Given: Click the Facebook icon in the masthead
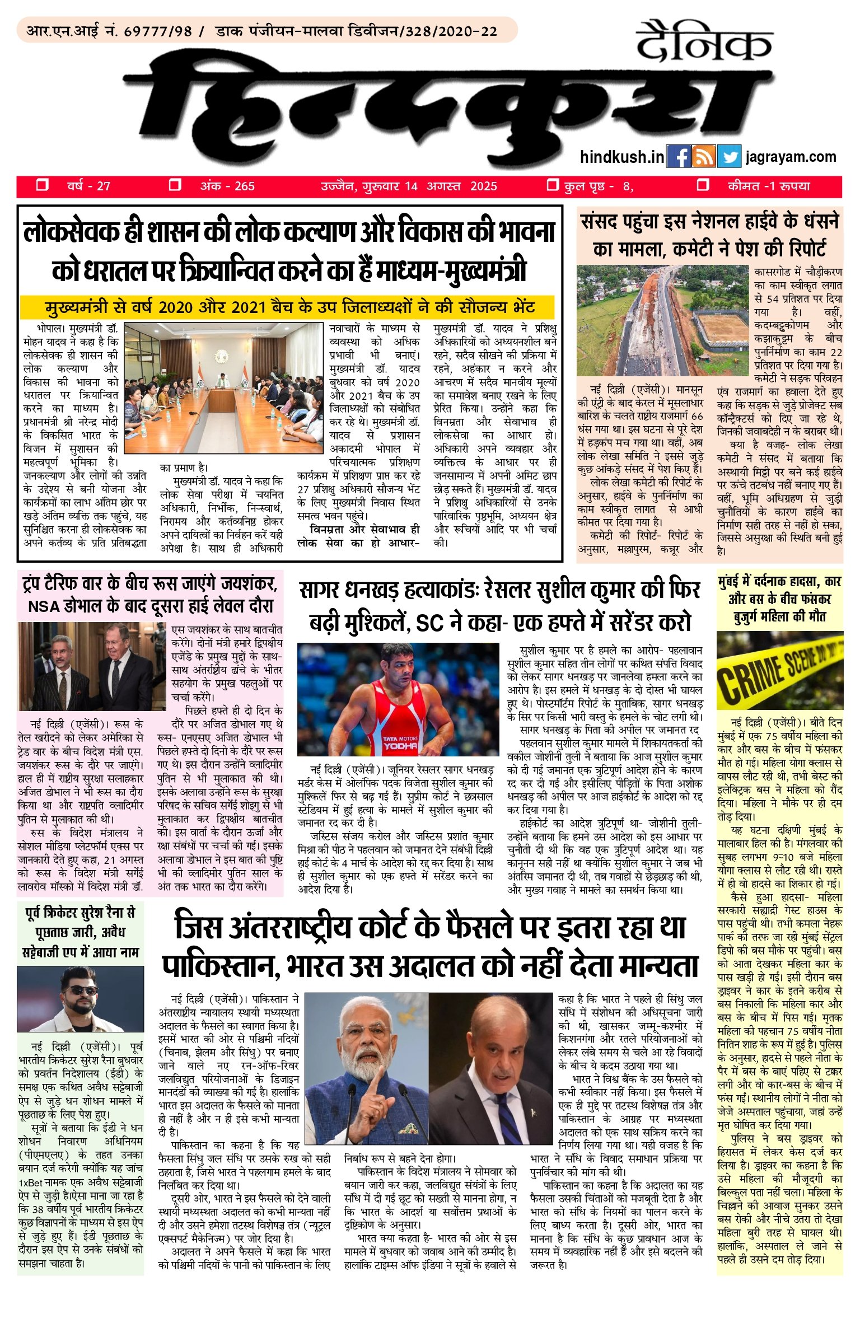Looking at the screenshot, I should [x=679, y=157].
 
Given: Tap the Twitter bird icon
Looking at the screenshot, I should [x=729, y=157].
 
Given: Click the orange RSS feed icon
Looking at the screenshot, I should [x=704, y=157].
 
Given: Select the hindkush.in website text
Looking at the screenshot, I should [x=621, y=157].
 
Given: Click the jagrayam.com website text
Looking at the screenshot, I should [x=791, y=157].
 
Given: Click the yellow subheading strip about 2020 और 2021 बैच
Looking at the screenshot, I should [x=287, y=307].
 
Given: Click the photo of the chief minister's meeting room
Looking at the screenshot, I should [x=224, y=388].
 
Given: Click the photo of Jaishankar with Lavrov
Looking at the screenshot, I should [x=93, y=666].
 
